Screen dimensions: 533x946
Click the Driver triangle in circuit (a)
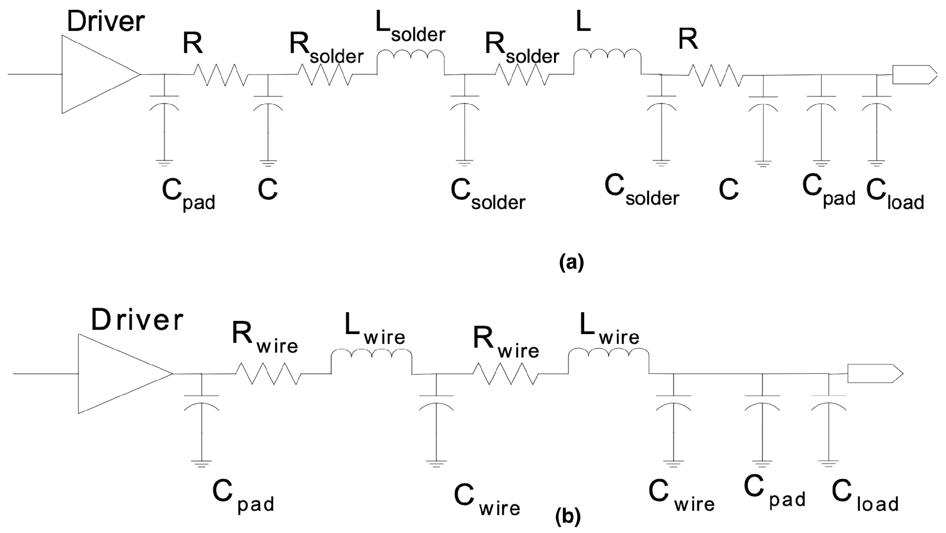(95, 74)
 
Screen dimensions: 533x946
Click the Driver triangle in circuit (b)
(119, 373)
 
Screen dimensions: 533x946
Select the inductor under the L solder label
(410, 57)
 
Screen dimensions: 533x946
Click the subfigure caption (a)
(571, 262)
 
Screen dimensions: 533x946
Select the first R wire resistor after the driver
(268, 374)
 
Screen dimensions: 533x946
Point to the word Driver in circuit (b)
(137, 320)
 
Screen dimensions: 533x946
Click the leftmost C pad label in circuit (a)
(188, 194)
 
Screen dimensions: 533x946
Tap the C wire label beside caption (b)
(487, 500)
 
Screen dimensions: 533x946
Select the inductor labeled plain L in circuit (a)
(607, 57)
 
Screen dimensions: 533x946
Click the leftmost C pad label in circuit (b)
(243, 496)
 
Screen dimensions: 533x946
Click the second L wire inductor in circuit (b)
(608, 357)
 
